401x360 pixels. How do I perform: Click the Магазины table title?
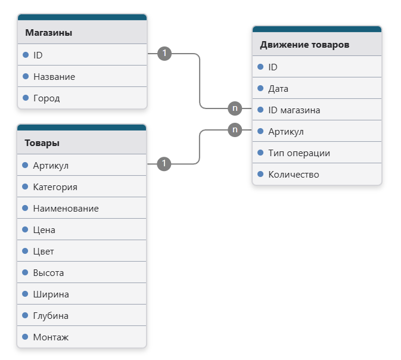tap(49, 33)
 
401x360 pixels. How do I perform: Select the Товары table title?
tap(42, 143)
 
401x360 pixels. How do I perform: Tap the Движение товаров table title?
tap(304, 45)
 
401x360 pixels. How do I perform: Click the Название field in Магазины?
tap(54, 77)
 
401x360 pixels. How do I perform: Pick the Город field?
tap(46, 98)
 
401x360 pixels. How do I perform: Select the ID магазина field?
tap(294, 110)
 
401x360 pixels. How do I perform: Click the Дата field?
tap(278, 89)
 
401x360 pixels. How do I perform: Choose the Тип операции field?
tap(299, 153)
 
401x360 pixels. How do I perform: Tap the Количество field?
tap(294, 175)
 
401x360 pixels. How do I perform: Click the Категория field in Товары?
tap(55, 187)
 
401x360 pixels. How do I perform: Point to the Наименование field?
tap(66, 209)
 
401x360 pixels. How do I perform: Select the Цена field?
tap(44, 230)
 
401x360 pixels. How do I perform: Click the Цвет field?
tap(43, 252)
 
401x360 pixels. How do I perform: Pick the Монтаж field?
tap(51, 337)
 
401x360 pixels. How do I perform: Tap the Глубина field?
tap(51, 316)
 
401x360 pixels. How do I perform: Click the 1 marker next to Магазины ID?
tap(164, 54)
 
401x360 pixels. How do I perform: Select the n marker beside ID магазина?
tap(235, 108)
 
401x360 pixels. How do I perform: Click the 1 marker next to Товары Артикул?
tap(164, 164)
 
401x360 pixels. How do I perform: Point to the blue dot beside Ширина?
tap(25, 294)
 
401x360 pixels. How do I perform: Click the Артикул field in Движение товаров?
tap(286, 132)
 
